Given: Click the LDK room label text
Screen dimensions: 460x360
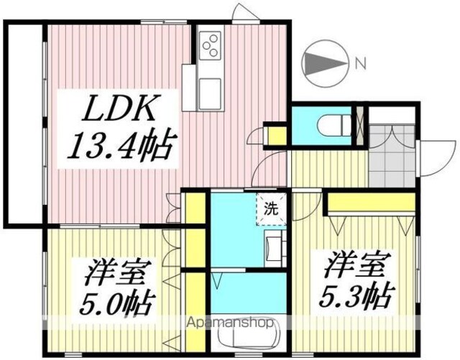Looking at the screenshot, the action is (x=119, y=108).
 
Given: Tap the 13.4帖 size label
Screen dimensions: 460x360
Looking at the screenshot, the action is (x=119, y=145).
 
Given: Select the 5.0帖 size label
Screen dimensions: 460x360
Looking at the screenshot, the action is (x=116, y=303).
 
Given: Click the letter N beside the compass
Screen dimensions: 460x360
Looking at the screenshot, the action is (x=361, y=63).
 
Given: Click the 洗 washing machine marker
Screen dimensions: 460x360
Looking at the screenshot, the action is (x=271, y=209).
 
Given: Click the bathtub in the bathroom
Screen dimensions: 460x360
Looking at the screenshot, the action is (x=248, y=333).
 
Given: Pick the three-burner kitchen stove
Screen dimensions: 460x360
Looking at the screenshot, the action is (x=210, y=45).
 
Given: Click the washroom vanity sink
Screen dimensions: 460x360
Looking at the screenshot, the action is (x=275, y=248).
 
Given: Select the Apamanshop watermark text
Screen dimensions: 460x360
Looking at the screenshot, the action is (x=231, y=323).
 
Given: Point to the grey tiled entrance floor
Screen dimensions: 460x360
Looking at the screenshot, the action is (x=392, y=156).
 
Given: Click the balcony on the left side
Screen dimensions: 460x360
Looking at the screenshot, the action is (x=26, y=124).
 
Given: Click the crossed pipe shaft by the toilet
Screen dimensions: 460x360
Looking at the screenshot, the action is (x=359, y=125).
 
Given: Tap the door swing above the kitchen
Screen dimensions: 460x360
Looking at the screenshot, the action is (x=245, y=11).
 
